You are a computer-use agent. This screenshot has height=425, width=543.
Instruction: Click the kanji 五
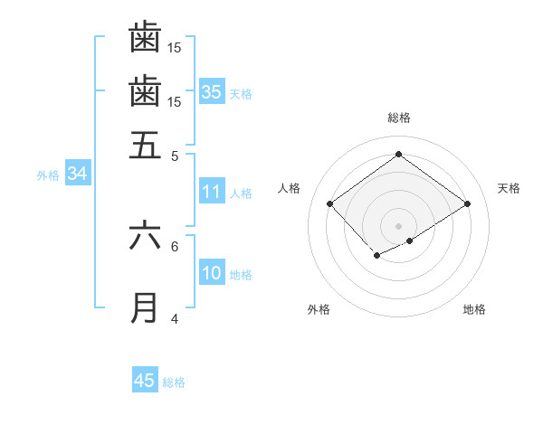pos(145,144)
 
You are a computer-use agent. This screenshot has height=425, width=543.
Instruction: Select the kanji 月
pos(145,307)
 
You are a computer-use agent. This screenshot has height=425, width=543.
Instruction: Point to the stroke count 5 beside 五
pos(175,156)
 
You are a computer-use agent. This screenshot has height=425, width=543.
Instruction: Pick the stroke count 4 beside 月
pos(175,319)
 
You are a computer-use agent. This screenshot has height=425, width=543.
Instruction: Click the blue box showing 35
pos(212,91)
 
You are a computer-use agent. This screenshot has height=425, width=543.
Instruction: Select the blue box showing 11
pos(212,192)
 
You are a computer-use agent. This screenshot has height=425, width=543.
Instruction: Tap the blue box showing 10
pos(212,273)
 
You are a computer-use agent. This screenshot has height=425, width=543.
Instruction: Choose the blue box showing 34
pos(77,174)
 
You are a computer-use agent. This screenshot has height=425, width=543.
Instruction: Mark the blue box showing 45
pos(145,381)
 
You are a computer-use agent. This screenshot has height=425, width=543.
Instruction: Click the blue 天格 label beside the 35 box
pos(241,93)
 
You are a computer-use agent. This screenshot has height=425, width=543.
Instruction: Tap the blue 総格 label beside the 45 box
pos(174,382)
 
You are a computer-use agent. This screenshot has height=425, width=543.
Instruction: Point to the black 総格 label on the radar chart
pos(398,118)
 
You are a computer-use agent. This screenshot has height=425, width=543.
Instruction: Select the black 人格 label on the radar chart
pos(290,188)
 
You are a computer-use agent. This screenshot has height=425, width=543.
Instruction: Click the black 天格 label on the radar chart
pos(509,188)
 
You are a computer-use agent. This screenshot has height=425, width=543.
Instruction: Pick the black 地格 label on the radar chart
pos(474,309)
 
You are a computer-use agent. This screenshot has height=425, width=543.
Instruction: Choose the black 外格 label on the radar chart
pos(319,309)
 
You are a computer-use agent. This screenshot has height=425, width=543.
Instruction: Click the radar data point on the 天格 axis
pos(468,204)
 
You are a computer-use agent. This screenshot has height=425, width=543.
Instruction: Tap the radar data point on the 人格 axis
pos(330,204)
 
